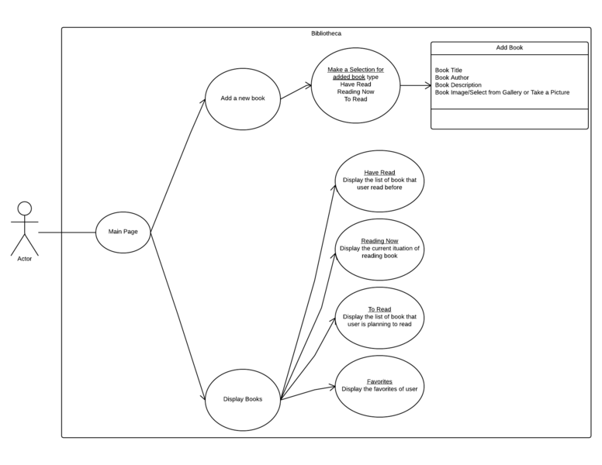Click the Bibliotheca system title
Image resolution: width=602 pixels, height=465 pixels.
[325, 33]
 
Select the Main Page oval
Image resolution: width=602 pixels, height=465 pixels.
[123, 231]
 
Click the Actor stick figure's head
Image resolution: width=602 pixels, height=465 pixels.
[25, 208]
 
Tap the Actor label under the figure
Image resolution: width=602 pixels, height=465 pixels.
[25, 259]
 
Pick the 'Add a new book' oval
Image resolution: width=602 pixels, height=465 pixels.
[242, 98]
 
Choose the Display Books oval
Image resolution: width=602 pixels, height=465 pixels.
[242, 399]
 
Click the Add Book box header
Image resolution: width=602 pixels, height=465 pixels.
[509, 48]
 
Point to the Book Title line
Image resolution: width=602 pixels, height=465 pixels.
[448, 71]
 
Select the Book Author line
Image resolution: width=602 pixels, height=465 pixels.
[451, 77]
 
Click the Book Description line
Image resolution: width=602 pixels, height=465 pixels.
[458, 84]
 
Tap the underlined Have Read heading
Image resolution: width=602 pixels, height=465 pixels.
[379, 173]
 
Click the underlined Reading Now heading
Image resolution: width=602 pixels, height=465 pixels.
[379, 241]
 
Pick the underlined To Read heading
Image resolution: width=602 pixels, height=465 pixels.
[379, 309]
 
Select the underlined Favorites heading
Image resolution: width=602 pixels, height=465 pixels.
[379, 381]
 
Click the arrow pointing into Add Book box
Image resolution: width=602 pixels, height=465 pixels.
[416, 86]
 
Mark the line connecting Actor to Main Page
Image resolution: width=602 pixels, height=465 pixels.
[67, 232]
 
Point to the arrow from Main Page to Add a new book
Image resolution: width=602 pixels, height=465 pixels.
[178, 164]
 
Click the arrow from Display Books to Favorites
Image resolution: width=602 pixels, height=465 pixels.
[308, 392]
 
